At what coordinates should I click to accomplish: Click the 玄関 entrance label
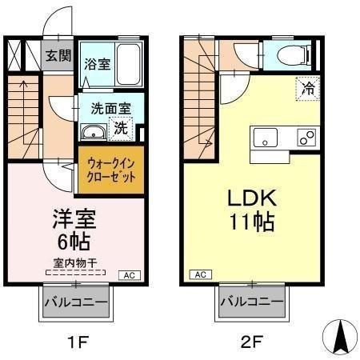point(58,56)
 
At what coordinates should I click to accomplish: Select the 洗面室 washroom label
point(106,106)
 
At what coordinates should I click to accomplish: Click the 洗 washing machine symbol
point(120,126)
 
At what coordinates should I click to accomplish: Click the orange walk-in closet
point(111,169)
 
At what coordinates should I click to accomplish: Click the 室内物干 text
point(75,262)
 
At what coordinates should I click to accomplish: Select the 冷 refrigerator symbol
point(307,89)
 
